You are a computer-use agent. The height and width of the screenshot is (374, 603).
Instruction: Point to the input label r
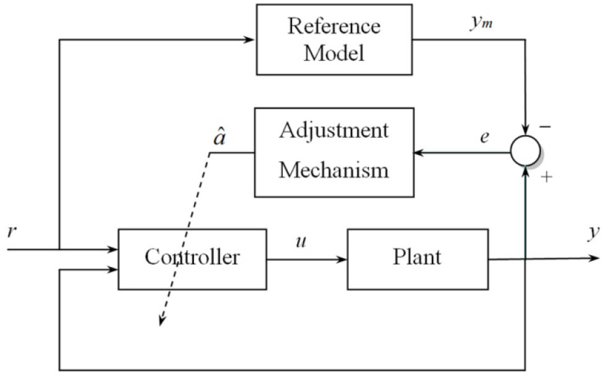coord(12,232)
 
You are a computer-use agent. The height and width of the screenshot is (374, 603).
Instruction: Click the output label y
coord(594,233)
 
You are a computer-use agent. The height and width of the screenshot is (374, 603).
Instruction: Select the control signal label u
coord(301,242)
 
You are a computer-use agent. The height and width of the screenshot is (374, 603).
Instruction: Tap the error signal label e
coord(485,136)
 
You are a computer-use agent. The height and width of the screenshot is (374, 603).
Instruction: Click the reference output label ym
coord(481,23)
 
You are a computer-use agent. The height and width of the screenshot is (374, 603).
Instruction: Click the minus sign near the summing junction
coord(546,127)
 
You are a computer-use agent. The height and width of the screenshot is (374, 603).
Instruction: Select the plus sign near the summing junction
coord(546,177)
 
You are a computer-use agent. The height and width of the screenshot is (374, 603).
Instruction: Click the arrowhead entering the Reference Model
coord(249,39)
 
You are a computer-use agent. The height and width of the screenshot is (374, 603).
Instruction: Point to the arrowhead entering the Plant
coord(342,260)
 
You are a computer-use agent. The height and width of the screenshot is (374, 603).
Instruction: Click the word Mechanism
coord(334,170)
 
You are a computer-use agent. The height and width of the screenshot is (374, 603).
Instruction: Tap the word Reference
coord(334,26)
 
